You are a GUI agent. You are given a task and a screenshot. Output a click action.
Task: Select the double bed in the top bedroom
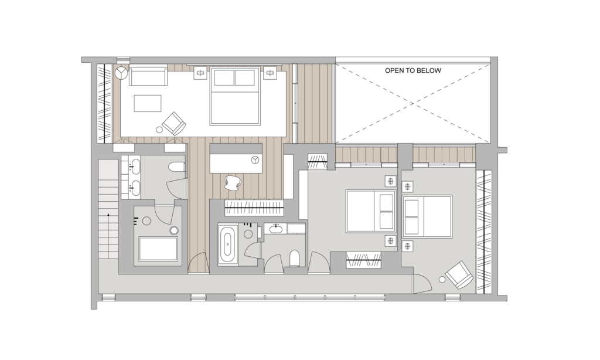coord(235,97)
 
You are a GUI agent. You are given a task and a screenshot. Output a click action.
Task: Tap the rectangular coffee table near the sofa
coord(147,103)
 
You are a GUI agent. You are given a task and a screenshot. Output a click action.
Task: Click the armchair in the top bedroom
coord(173,123)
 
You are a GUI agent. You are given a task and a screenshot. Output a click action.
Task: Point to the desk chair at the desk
coord(233,182)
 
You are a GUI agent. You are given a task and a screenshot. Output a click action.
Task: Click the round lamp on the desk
coord(254,159)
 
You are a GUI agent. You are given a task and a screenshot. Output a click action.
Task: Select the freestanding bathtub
coord(228,244)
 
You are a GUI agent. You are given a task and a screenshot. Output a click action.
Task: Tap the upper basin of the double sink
coord(135,167)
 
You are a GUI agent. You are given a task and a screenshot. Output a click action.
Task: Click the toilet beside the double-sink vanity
coord(176,168)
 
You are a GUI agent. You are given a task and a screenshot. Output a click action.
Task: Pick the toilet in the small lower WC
coord(294,258)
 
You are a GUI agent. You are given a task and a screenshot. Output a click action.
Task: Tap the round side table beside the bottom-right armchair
coord(442,279)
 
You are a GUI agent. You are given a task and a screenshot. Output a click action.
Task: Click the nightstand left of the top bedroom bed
coord(200,73)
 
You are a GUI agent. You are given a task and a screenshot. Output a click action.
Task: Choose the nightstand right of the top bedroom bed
coord(270,73)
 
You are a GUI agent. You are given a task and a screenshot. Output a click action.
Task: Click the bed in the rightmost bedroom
coord(427,216)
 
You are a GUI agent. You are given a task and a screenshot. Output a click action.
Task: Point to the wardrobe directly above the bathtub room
coord(254,207)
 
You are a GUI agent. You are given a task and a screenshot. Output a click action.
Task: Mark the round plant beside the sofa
coord(121,73)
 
